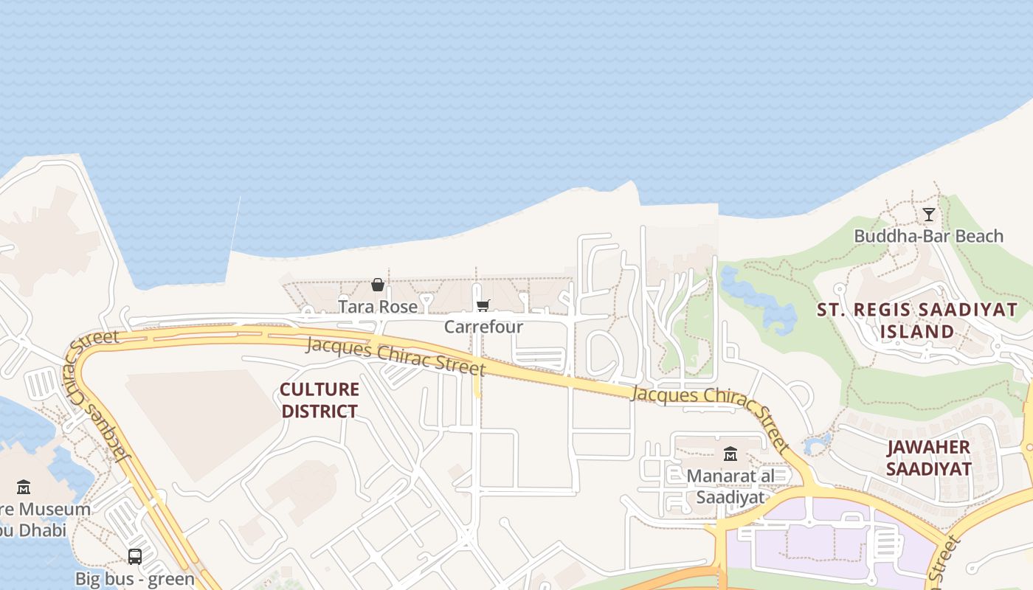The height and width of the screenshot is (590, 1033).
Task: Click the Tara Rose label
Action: pos(377,305)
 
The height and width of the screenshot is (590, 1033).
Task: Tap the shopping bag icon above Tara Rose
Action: pos(378,285)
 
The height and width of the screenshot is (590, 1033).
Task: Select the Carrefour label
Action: pos(483,326)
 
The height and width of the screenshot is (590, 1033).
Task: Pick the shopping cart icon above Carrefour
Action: pos(483,305)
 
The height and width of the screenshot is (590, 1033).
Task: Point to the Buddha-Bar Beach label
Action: pos(928,236)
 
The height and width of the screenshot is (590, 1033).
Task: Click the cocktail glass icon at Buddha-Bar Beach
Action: pos(929,215)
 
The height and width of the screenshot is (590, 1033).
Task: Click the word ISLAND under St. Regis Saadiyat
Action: pos(917,332)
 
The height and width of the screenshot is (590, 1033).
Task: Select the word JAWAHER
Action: pos(928,447)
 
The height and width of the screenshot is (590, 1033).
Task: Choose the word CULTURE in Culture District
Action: pos(319,389)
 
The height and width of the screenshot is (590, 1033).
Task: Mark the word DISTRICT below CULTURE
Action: pos(319,411)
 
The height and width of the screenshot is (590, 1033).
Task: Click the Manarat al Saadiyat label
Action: pos(730,486)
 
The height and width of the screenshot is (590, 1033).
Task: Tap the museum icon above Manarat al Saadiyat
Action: pos(730,454)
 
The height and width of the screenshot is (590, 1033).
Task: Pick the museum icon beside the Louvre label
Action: pos(24,487)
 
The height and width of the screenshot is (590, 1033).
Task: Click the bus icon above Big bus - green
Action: pos(135,557)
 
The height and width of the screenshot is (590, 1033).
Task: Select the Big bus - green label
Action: pos(135,578)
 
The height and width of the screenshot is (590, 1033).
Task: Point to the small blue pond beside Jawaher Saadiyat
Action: pos(817,444)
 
